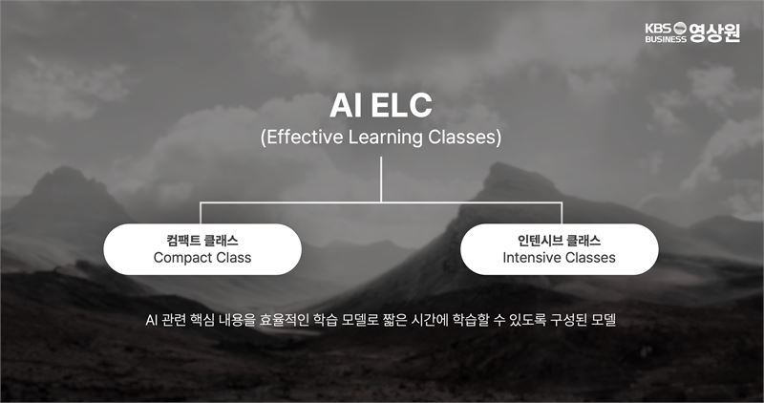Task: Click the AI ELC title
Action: coord(380,106)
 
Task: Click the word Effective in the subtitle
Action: coord(305,138)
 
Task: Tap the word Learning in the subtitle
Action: coord(385,138)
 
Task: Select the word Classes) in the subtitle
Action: coord(464,138)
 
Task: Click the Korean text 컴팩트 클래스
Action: coord(202,241)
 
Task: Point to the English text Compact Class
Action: coord(202,257)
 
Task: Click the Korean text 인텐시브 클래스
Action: coord(559,241)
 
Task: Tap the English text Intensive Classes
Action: coord(559,257)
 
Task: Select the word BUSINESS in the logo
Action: coord(666,39)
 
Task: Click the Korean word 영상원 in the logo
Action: coord(714,32)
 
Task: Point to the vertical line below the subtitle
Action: coord(381,180)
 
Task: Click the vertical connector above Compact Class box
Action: coord(201,213)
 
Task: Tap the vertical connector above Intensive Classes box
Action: coord(562,213)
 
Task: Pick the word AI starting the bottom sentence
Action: coord(151,320)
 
